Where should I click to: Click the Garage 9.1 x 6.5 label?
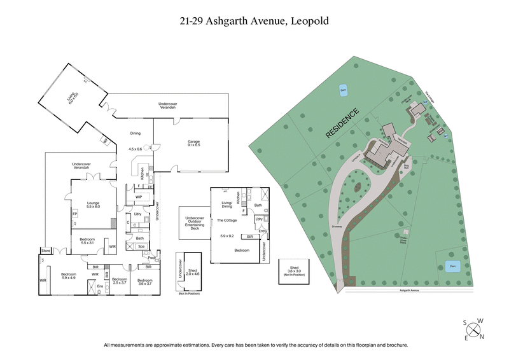[193, 143]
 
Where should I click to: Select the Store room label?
[45, 250]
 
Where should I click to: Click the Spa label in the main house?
[141, 246]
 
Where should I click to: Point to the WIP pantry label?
[138, 197]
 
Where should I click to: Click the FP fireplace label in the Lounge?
[75, 214]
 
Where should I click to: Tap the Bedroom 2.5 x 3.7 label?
[120, 281]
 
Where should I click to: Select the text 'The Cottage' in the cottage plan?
[228, 220]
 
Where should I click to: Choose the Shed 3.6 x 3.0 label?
[293, 271]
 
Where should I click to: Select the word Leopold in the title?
[310, 21]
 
